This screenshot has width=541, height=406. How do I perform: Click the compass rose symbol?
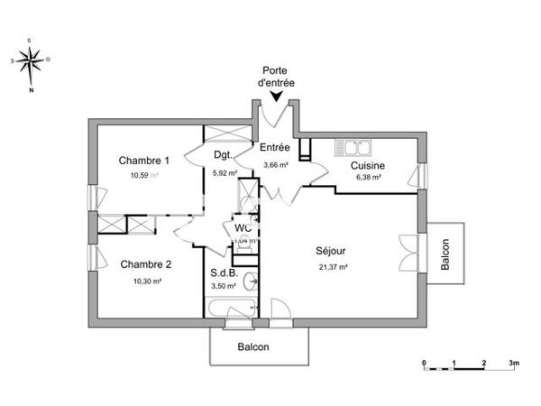(31, 61)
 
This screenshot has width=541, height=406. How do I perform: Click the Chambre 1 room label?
(144, 161)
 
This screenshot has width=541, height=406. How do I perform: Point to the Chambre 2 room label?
(145, 264)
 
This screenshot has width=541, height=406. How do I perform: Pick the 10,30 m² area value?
(147, 281)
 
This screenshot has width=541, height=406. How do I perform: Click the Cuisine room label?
(368, 165)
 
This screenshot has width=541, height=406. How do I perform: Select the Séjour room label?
(332, 251)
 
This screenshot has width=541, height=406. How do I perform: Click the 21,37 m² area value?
(334, 267)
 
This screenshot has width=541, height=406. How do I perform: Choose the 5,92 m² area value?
(225, 173)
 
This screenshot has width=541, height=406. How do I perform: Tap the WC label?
(243, 228)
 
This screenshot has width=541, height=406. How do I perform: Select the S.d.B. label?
(224, 272)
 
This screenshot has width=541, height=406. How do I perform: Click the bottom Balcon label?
(253, 347)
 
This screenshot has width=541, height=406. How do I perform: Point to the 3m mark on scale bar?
(513, 362)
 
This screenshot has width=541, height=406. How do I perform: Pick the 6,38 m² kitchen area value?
(369, 178)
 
